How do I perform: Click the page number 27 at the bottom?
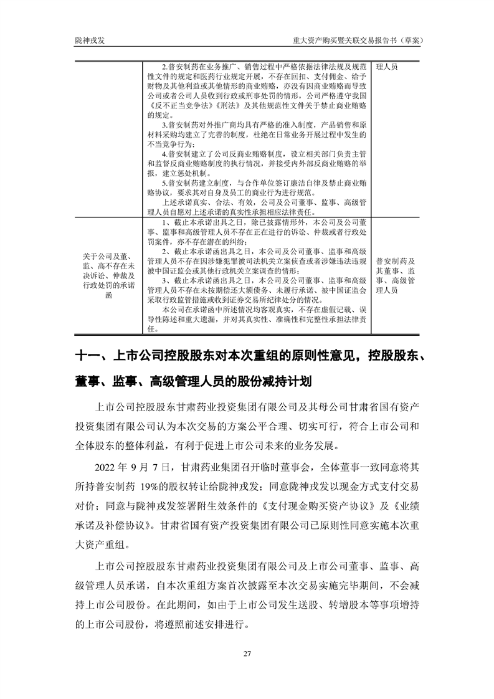click(x=247, y=653)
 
